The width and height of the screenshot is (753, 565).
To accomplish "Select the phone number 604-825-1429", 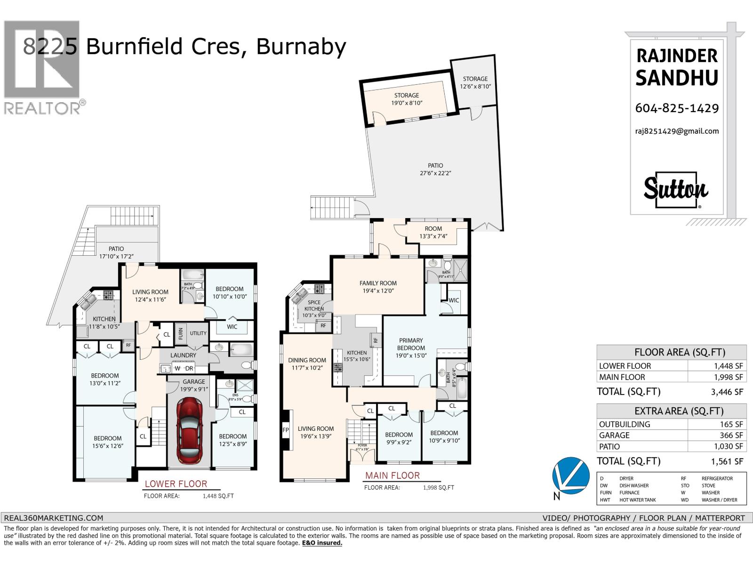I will pyautogui.click(x=677, y=108).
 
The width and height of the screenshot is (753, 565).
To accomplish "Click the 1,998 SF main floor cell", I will pyautogui.click(x=717, y=377).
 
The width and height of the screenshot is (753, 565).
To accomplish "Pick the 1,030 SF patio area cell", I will pyautogui.click(x=717, y=447).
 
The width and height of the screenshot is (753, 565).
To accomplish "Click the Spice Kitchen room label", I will pyautogui.click(x=314, y=306).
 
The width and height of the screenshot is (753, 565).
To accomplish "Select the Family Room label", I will pyautogui.click(x=378, y=287).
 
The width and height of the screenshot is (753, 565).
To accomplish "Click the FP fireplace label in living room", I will pyautogui.click(x=286, y=430).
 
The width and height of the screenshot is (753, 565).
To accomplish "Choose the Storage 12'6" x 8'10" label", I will pyautogui.click(x=475, y=82).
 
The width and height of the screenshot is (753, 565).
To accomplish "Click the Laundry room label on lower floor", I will pyautogui.click(x=183, y=355).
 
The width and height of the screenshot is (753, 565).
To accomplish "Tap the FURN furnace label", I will pyautogui.click(x=180, y=334).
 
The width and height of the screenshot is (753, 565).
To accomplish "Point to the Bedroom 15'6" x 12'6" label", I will pyautogui.click(x=108, y=442).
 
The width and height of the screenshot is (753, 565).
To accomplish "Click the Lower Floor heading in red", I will pyautogui.click(x=176, y=484).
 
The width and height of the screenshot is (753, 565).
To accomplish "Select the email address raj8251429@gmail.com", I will pyautogui.click(x=677, y=131).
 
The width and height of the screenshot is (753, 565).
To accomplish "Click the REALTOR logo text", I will pyautogui.click(x=42, y=109).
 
